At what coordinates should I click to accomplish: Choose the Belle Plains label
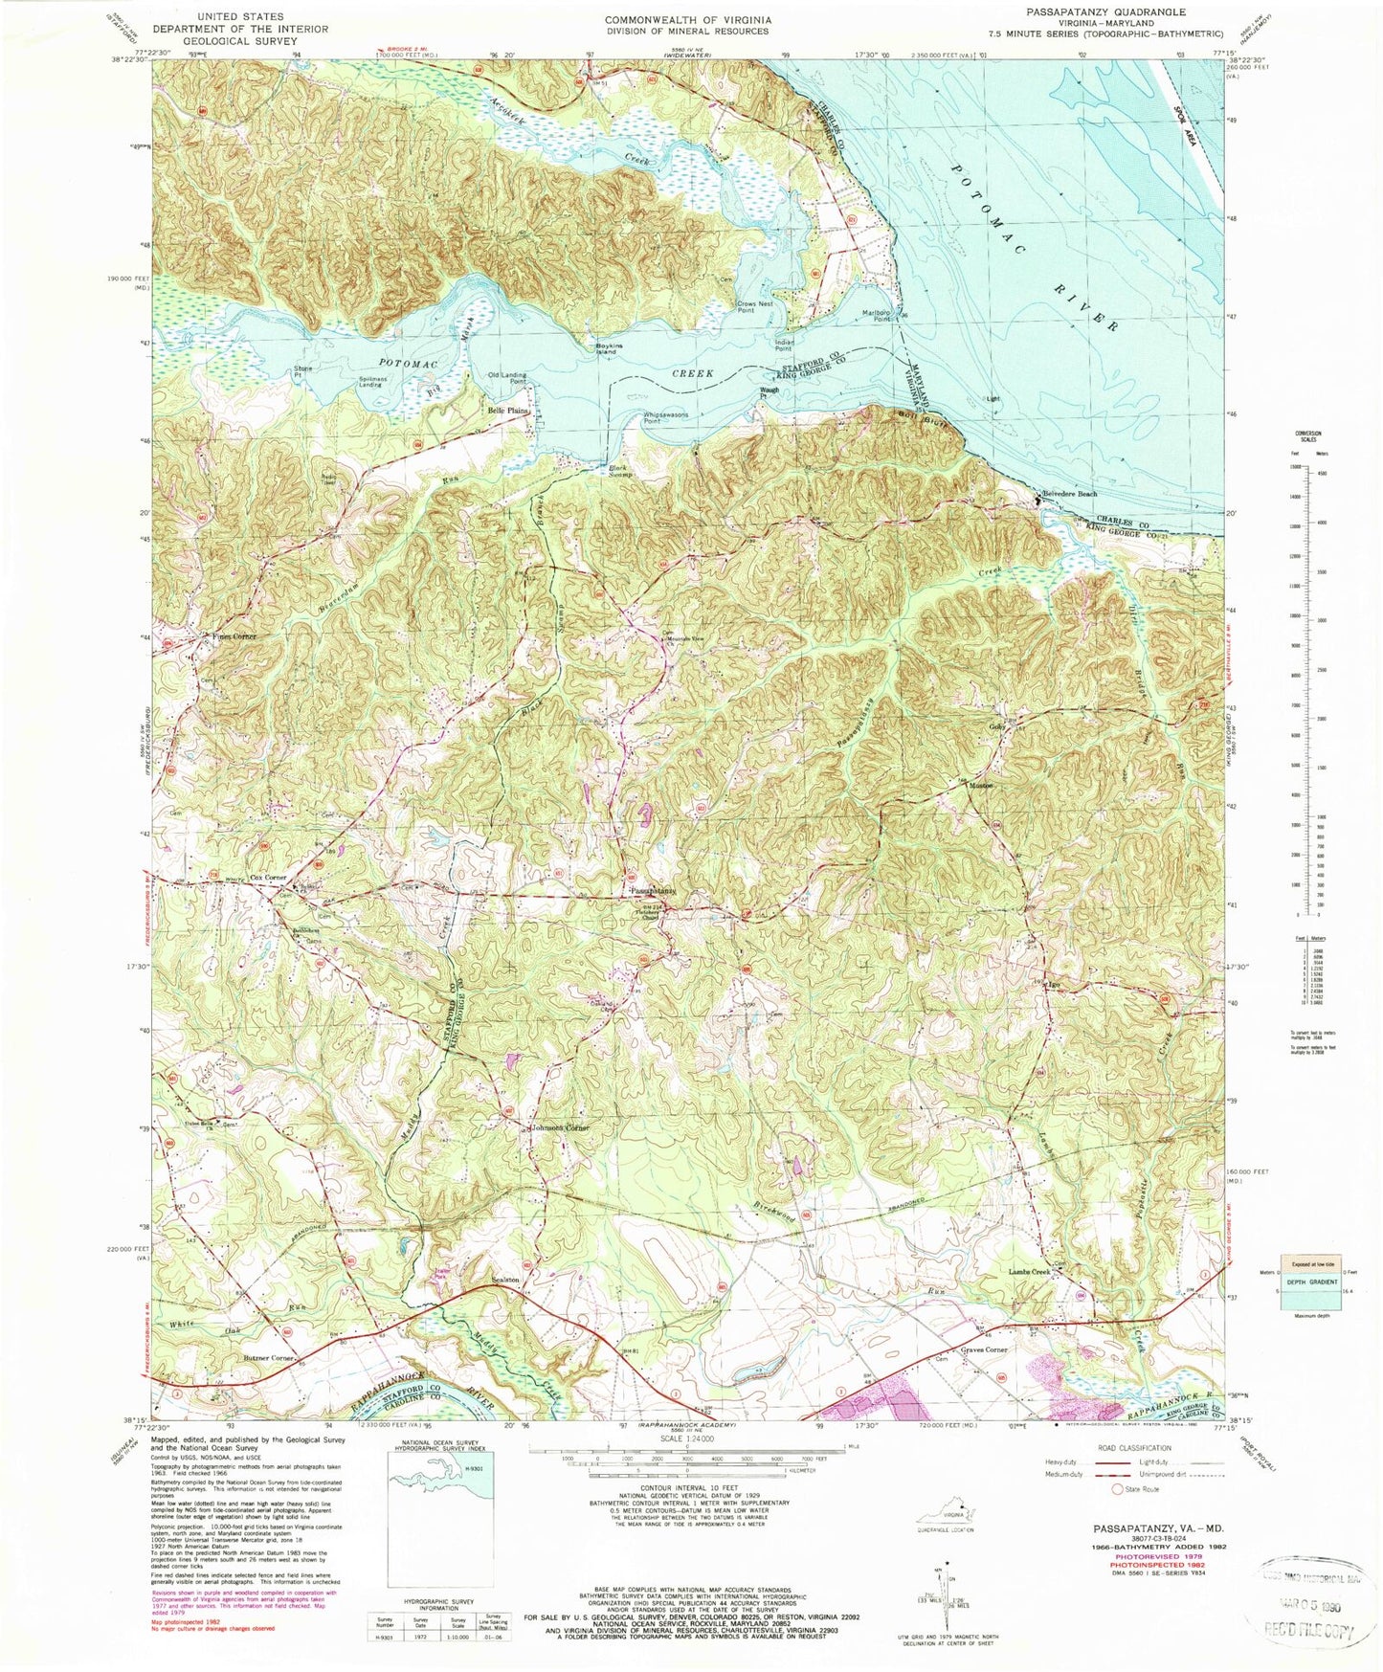pos(508,411)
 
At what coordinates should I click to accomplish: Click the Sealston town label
pos(504,1280)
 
